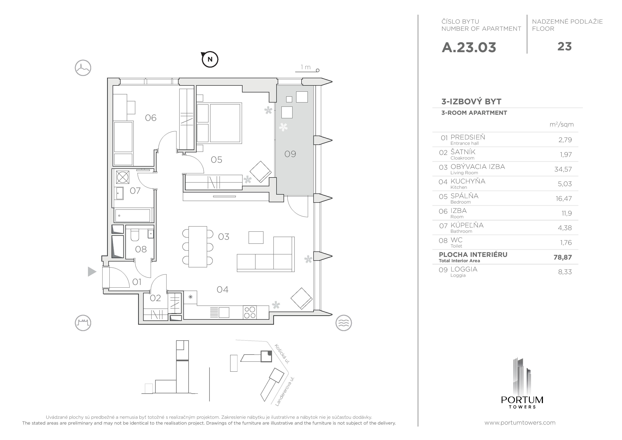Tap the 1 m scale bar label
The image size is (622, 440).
pos(306,67)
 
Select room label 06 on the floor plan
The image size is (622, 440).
pos(151,118)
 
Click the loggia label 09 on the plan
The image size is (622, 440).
pos(290,154)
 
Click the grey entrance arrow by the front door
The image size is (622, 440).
pos(92,272)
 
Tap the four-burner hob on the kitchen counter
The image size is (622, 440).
pos(249,312)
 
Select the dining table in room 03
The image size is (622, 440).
pos(198,247)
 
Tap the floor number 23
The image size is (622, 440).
pos(565,47)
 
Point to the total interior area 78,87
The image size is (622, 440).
pos(562,257)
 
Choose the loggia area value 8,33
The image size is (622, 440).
pos(565,272)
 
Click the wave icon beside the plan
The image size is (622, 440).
pos(343,323)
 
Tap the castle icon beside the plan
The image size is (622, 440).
pos(83,323)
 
